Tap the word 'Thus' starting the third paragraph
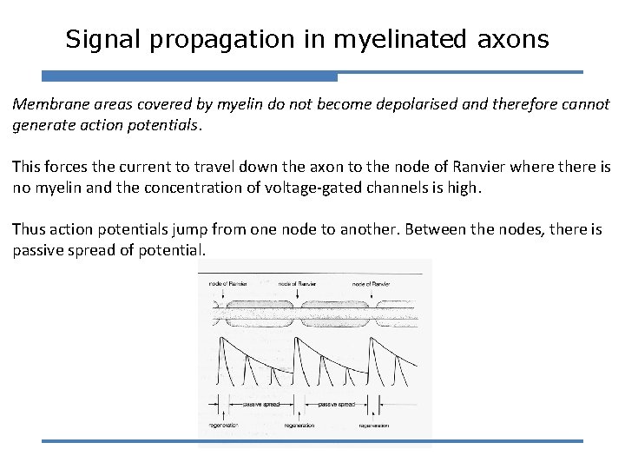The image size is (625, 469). tap(29, 229)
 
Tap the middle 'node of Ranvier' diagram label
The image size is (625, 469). tap(297, 283)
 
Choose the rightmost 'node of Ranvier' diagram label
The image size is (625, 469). tap(371, 283)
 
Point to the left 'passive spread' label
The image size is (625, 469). tap(260, 404)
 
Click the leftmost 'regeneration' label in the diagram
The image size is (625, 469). tap(224, 426)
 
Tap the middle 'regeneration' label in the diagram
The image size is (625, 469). tap(297, 426)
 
